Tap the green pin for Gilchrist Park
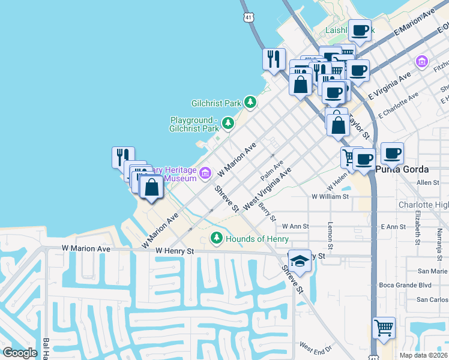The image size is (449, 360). tap(250, 103)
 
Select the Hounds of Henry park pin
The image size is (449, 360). tap(217, 239)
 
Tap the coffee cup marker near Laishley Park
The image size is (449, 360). tap(360, 31)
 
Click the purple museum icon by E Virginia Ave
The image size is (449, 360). tap(421, 62)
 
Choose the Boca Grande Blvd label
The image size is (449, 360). tap(405, 285)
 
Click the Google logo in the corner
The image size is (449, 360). tap(20, 352)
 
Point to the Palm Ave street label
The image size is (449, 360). tap(271, 170)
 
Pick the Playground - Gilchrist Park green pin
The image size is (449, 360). tap(228, 124)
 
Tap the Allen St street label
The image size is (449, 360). tap(428, 182)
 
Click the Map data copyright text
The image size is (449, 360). tap(423, 355)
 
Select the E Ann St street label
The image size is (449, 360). tap(393, 227)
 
